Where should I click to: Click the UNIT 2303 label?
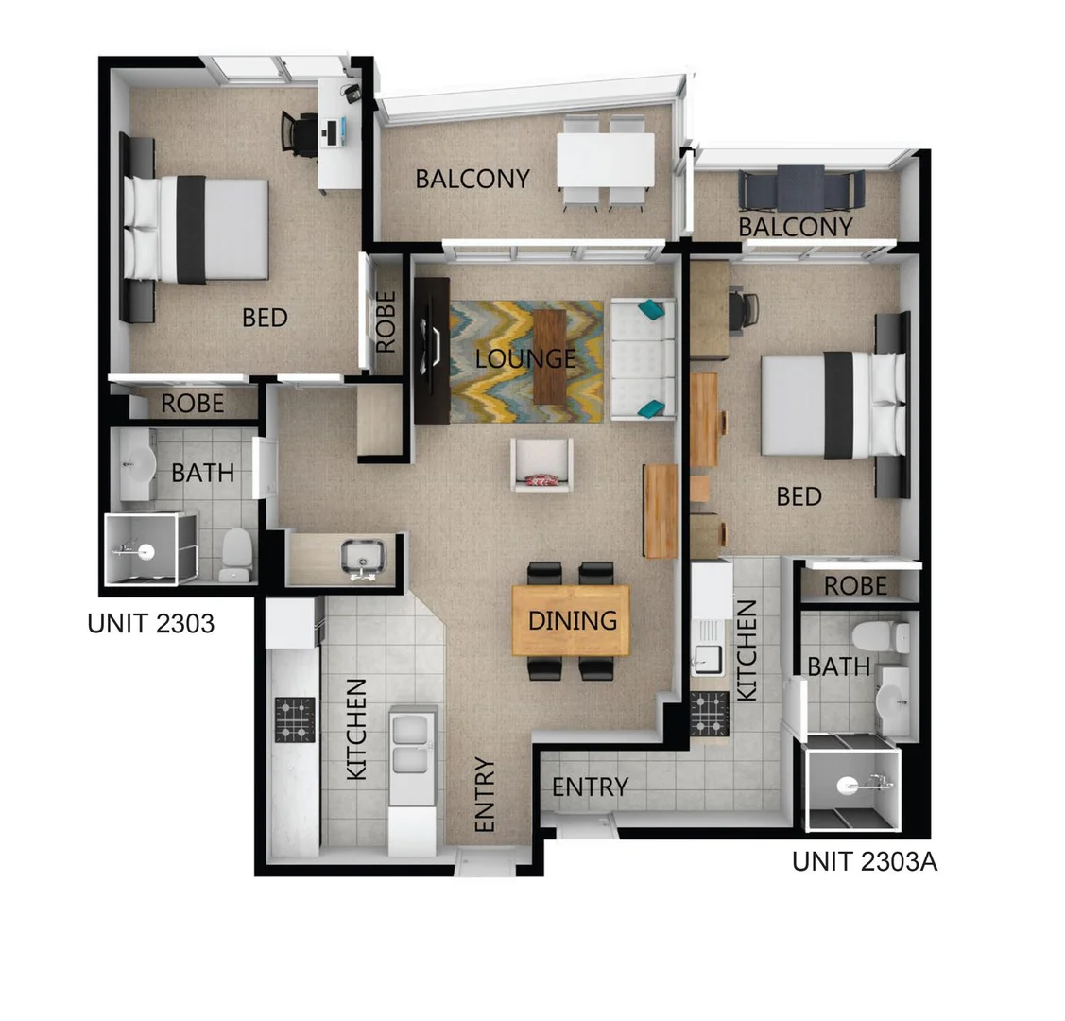[150, 624]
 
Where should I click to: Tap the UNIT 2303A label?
[864, 861]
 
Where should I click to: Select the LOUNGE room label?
[525, 359]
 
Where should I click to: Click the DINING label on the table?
[572, 620]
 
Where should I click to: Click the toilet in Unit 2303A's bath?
[867, 635]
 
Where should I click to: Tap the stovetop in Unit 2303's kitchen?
[294, 719]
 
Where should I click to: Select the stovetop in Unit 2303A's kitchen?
[709, 714]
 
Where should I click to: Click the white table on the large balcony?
[605, 160]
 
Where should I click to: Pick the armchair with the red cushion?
[541, 465]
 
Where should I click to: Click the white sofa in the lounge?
[643, 358]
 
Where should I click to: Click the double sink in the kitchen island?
[413, 743]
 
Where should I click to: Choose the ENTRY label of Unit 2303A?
[590, 787]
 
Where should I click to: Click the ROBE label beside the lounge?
[386, 321]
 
